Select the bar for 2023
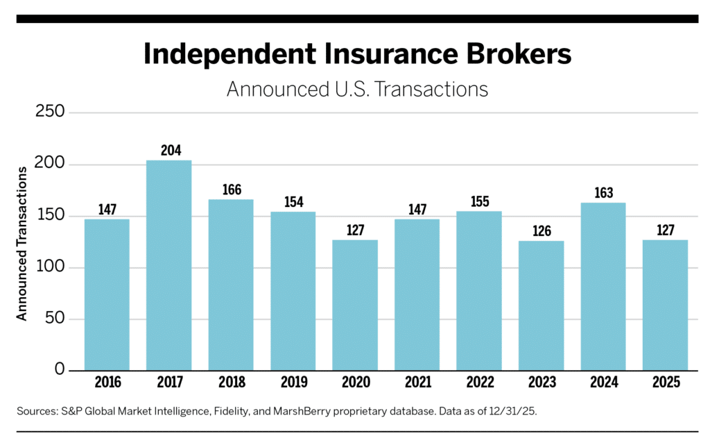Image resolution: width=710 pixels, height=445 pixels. [x=541, y=305]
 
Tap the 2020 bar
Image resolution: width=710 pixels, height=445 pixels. [x=355, y=305]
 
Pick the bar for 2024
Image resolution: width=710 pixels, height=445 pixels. [x=603, y=286]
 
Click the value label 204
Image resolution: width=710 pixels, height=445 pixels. [x=168, y=150]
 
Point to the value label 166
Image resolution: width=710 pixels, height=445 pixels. [x=231, y=189]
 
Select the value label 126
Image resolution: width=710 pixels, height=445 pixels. [x=541, y=230]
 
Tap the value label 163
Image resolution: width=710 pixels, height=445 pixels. [x=603, y=192]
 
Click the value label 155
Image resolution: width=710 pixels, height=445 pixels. [x=479, y=201]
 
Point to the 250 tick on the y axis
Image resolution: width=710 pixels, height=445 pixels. [x=49, y=112]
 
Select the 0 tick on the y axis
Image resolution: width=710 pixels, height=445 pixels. [x=60, y=370]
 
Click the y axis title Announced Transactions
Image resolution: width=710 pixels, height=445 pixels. [x=21, y=242]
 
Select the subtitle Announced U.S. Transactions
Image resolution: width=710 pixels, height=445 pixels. [x=357, y=89]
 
